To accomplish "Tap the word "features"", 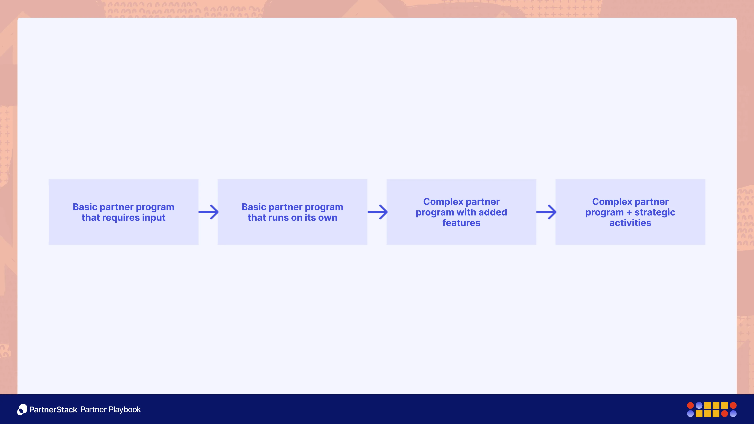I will click(461, 223).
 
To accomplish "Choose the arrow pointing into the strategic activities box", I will click(546, 212).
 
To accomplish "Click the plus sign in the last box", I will click(629, 212).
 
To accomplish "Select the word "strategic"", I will click(655, 212).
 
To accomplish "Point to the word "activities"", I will click(630, 223).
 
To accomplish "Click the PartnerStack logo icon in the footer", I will click(22, 409).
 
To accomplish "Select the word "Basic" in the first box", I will click(85, 207).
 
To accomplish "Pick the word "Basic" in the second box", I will click(254, 207).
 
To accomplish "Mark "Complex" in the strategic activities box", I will click(612, 202).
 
